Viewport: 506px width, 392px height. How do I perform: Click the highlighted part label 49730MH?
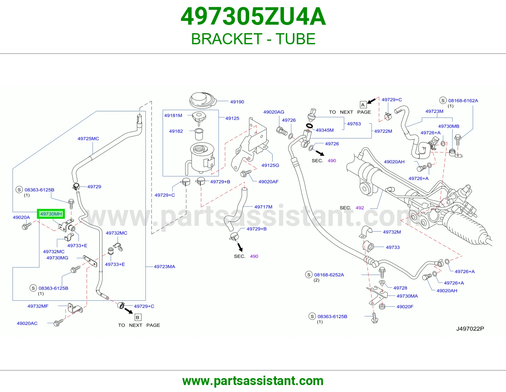click(x=51, y=214)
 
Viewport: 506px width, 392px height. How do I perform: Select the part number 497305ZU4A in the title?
click(x=253, y=16)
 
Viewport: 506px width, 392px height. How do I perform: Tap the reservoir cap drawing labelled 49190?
click(x=203, y=100)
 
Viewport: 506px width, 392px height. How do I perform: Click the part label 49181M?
click(x=173, y=115)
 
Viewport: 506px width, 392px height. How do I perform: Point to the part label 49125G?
click(x=270, y=165)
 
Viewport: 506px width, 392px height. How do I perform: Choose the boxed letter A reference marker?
click(x=363, y=105)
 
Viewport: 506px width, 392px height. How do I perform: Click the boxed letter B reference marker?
click(x=138, y=317)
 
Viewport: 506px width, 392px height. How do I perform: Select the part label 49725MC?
click(x=88, y=139)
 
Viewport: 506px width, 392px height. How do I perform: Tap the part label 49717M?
click(x=263, y=207)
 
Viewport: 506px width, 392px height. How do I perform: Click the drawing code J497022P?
click(x=470, y=329)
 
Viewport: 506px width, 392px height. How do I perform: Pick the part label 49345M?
click(x=324, y=130)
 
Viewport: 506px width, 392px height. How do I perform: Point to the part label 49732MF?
click(x=38, y=306)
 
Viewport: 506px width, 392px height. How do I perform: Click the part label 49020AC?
click(x=27, y=323)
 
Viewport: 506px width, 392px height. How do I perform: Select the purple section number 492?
click(x=360, y=208)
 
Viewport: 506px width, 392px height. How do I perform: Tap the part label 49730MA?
click(x=407, y=296)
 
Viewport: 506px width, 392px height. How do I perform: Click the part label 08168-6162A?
click(x=463, y=101)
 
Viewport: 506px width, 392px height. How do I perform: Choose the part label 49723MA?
click(x=164, y=266)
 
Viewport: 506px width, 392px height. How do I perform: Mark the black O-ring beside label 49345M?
click(x=310, y=126)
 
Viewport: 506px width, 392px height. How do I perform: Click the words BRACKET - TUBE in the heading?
click(x=253, y=39)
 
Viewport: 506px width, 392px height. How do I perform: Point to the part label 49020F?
click(x=405, y=307)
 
